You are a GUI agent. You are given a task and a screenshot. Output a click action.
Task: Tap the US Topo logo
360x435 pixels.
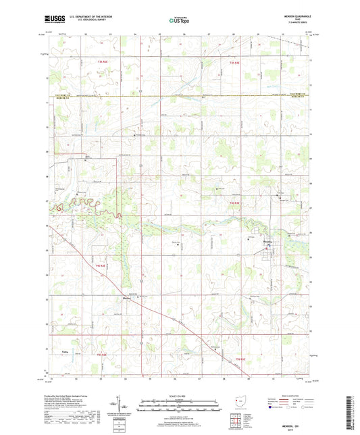[179, 21]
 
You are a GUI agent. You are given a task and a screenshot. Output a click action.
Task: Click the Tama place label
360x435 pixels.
[66, 351]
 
